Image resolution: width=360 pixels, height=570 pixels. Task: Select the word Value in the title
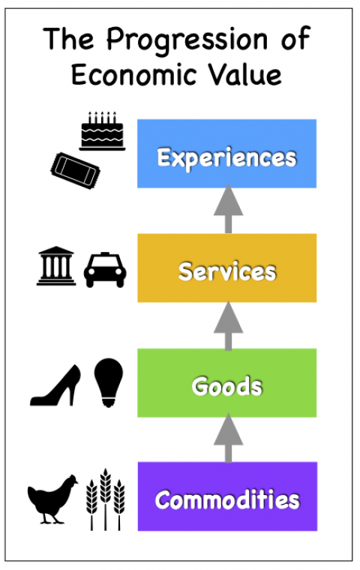(244, 75)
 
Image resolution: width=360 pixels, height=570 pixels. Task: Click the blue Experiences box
(227, 154)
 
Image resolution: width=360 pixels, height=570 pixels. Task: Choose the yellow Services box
(227, 268)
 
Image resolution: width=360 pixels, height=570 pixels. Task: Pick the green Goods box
(227, 382)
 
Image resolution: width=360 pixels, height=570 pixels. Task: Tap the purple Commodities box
(227, 496)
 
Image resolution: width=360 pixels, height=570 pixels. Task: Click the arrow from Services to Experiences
(228, 208)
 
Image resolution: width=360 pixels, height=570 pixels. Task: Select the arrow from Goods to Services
(228, 325)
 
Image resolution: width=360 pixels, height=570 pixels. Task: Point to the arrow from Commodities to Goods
(228, 438)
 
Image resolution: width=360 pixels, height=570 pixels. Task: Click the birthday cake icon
(102, 131)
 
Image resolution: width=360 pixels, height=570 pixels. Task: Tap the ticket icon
(75, 170)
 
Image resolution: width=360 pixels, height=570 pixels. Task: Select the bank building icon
(56, 265)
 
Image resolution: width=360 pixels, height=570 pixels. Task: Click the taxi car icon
(105, 270)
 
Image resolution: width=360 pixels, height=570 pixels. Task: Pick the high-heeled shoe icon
(55, 385)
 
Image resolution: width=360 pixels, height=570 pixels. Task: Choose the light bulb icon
(108, 382)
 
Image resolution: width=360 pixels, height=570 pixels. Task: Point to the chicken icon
(52, 499)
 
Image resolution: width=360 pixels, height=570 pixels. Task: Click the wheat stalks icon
(106, 499)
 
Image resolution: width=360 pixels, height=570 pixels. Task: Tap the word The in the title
(69, 38)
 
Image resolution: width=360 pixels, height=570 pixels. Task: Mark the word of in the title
(295, 38)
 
